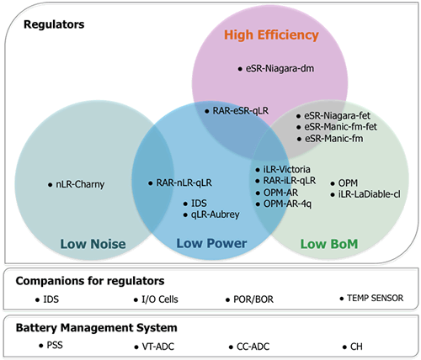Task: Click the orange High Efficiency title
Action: point(271,35)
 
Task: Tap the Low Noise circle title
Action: point(93,244)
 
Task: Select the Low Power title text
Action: point(211,243)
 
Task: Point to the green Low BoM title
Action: point(329,244)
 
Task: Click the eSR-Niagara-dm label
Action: point(280,68)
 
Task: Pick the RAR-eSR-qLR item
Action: point(241,111)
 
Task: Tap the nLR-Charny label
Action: point(80,184)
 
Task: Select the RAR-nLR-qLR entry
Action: point(184,183)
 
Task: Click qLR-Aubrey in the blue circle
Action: point(216,214)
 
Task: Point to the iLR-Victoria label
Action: point(287,169)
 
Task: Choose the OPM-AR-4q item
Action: point(287,204)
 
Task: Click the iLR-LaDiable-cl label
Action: point(370,194)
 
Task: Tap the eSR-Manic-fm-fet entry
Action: point(341,127)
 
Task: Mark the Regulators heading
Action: point(54,24)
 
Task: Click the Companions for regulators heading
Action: point(90,281)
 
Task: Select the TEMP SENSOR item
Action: point(376,298)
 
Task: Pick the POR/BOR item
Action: point(253,299)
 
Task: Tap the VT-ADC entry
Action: point(158,347)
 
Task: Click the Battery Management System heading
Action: point(96,328)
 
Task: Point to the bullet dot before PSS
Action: point(41,346)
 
